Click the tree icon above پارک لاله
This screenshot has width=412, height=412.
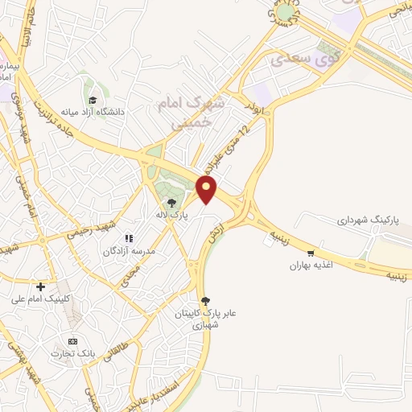(x=171, y=202)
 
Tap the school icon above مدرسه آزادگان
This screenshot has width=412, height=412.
(x=128, y=239)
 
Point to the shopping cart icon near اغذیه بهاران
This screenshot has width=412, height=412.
(x=311, y=253)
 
